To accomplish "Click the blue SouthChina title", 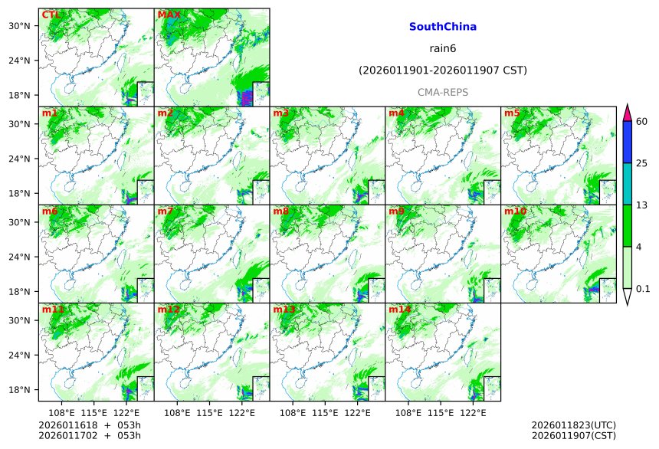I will point(443,27).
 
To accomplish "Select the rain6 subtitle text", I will point(443,48).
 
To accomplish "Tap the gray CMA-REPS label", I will point(443,92).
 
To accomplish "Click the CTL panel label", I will point(51,15).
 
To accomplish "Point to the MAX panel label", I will point(169,15).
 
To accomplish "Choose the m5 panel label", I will point(512,113).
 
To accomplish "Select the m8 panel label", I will point(280,211).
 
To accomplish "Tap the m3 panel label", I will point(280,113).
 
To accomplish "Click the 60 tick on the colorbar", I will point(642,121).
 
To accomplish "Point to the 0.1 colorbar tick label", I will point(643,289).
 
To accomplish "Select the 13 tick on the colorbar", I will point(642,205).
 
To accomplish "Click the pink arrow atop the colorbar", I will point(627,112).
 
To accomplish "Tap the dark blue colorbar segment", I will point(627,142).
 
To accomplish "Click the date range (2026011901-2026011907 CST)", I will point(443,70).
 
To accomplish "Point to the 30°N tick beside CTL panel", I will point(27,26).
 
